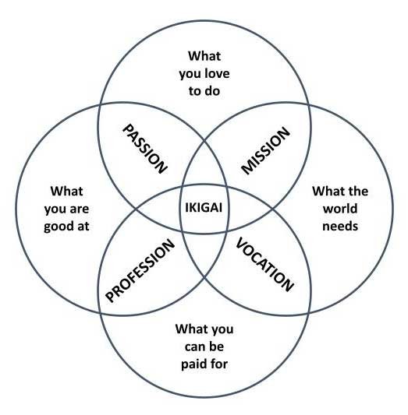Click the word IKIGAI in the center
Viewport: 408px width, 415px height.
[204, 207]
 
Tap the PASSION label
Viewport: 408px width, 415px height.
[145, 149]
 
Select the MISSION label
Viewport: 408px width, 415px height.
[266, 150]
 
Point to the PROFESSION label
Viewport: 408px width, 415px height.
[140, 270]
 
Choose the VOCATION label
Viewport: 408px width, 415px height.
[264, 265]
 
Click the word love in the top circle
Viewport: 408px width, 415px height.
[217, 73]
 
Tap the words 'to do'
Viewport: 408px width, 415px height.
[204, 91]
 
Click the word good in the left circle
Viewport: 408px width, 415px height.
[59, 227]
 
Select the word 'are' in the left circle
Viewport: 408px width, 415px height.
[80, 209]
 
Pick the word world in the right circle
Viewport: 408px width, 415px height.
[340, 209]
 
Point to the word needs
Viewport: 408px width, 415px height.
[340, 227]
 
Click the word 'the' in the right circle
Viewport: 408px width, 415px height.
[358, 191]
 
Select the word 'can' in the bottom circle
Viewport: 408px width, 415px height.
[195, 347]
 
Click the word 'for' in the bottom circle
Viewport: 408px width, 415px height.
[218, 364]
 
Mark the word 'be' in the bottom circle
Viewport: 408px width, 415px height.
[217, 346]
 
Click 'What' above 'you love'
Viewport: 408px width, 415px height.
[204, 56]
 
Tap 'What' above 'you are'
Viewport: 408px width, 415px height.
[66, 191]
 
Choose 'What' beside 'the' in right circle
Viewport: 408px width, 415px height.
[328, 191]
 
